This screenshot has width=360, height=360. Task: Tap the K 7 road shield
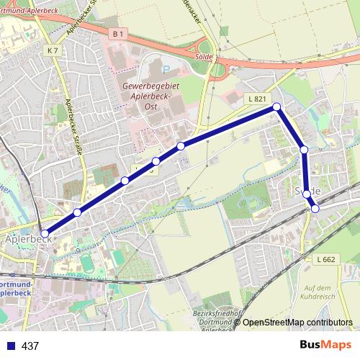coord(52,50)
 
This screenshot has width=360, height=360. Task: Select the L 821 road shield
coord(256,98)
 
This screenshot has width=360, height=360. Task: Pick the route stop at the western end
coord(45,234)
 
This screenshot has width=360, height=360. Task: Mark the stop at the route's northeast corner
coord(276,107)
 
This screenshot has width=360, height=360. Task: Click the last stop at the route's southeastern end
coord(315,208)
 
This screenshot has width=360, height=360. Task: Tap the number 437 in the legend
coord(31,346)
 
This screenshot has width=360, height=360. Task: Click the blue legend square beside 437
coord(11,346)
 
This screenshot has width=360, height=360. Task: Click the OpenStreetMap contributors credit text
coord(297,322)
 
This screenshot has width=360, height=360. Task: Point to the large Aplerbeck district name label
coord(26,237)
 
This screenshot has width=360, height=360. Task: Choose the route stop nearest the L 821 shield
coord(276,107)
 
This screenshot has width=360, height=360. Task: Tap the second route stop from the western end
coord(77,212)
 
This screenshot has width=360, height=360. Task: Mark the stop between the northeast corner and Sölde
coord(304,150)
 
